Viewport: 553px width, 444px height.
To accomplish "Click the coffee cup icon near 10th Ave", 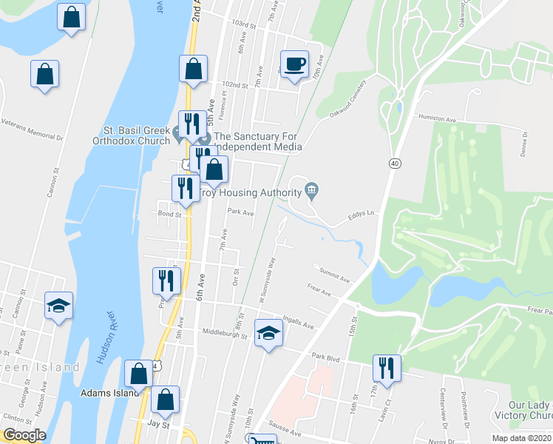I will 294,64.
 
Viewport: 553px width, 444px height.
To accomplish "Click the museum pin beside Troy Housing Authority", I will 311,192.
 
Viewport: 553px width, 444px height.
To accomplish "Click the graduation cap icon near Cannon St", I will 58,306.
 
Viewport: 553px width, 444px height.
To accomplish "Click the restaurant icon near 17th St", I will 386,366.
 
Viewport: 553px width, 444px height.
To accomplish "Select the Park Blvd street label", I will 325,358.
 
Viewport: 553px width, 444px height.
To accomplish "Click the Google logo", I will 24,434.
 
